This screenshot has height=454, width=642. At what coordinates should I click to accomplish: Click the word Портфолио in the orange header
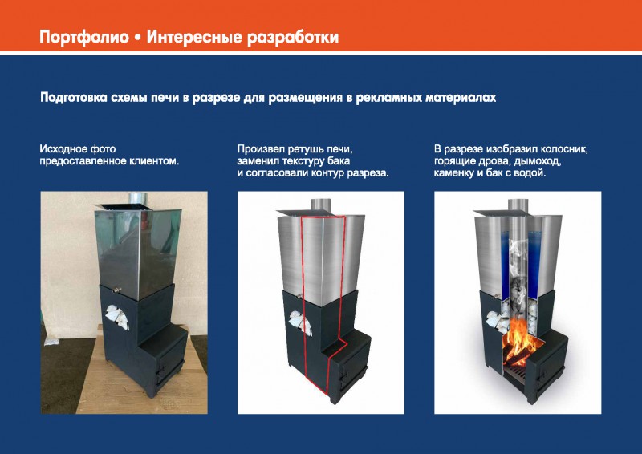click(84, 37)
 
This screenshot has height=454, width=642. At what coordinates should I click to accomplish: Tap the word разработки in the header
click(293, 37)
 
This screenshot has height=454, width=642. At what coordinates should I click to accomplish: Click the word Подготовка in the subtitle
click(74, 98)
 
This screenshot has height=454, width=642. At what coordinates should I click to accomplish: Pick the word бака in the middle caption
click(339, 161)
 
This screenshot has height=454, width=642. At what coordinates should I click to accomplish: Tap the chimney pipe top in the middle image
click(320, 205)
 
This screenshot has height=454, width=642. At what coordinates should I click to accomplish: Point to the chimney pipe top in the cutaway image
click(518, 205)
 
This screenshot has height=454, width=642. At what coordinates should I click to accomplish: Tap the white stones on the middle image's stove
click(300, 322)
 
